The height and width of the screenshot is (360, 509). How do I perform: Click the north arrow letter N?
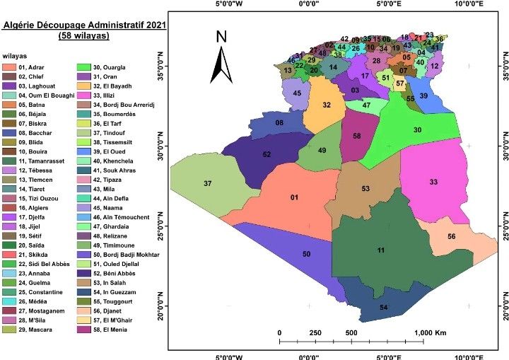coord(221,37)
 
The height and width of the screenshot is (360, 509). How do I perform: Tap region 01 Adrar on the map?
coord(293,198)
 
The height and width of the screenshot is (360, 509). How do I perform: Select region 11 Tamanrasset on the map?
coord(382,250)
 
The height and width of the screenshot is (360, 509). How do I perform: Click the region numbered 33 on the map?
coord(433,182)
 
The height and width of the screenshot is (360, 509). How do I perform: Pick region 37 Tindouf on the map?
coord(207,184)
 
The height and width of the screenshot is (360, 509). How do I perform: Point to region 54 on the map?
coord(383,308)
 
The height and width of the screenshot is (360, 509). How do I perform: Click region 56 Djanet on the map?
coord(451,236)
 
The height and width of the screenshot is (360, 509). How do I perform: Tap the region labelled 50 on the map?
coord(306,254)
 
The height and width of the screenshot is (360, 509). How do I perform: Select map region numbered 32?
coord(326,105)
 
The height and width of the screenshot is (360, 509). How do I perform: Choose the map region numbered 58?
coord(356,136)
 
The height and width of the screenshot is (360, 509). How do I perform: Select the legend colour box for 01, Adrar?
coord(10,68)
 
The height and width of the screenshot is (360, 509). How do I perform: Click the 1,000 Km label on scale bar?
coord(430,332)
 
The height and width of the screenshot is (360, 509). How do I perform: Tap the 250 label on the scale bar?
coord(315,332)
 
